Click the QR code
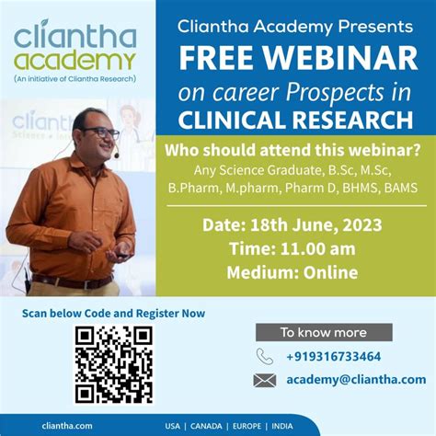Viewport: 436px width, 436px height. (x=113, y=365)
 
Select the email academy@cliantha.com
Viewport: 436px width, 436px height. (x=355, y=379)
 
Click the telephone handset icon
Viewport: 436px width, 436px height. (x=265, y=356)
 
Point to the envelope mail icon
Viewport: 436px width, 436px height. (x=265, y=380)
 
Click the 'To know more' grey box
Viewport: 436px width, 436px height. (x=323, y=332)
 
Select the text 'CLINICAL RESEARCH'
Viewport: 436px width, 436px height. (x=295, y=120)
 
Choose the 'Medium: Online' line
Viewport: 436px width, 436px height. (x=294, y=272)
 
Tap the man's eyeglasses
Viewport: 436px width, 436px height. (x=100, y=132)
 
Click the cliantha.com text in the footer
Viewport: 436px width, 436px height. (x=66, y=426)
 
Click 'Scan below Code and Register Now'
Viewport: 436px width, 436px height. (x=113, y=313)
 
